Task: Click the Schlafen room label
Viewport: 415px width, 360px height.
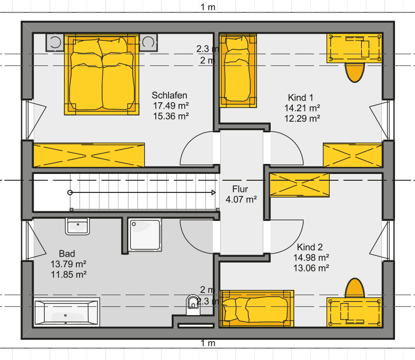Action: [170, 95]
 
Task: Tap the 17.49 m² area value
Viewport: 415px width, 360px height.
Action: [171, 106]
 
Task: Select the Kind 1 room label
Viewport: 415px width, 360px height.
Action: [301, 98]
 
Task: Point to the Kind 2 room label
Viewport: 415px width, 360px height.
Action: [310, 247]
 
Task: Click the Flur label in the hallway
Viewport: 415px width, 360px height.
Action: [240, 189]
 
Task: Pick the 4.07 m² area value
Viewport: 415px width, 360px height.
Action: [241, 199]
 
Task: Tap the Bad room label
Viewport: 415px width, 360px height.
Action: [67, 254]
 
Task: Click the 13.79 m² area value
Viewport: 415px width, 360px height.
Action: [68, 264]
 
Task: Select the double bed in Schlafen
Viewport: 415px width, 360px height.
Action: [102, 74]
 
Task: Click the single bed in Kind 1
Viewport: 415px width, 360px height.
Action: [238, 71]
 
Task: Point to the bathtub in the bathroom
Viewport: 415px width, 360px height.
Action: [66, 313]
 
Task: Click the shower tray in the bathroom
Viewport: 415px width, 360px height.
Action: [144, 235]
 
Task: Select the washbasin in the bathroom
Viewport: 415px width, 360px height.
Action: [77, 226]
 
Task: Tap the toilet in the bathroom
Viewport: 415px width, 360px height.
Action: [193, 305]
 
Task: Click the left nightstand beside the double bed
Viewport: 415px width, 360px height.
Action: [55, 42]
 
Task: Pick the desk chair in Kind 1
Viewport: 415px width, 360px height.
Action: [354, 72]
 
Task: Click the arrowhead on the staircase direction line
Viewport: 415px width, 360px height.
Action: [214, 192]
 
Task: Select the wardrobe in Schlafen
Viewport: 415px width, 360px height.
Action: [89, 155]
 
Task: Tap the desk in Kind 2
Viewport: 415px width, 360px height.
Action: [354, 313]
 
